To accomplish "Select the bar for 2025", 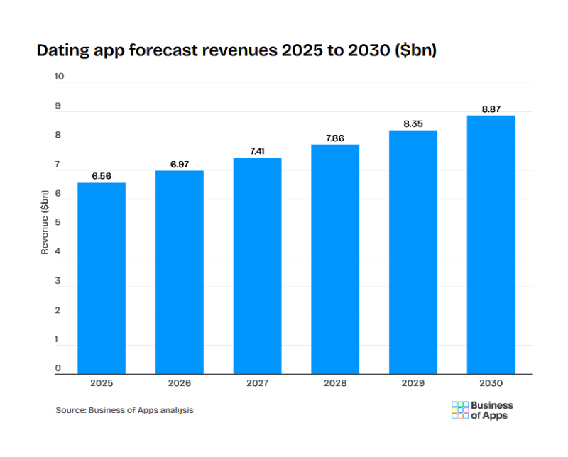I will (x=102, y=278).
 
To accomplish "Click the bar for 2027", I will (x=257, y=266).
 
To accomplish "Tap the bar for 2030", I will (x=491, y=245).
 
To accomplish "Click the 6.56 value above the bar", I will (x=102, y=176).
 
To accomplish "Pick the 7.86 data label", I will (x=335, y=138).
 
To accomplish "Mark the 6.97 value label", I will (x=180, y=164).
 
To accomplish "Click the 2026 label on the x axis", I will (x=180, y=383).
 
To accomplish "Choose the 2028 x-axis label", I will (x=335, y=383).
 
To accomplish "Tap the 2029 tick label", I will (x=413, y=383).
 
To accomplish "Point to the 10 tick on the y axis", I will (x=60, y=77).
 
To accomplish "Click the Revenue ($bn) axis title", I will (x=44, y=222).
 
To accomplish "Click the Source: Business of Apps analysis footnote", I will (x=124, y=410).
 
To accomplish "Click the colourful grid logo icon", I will (x=459, y=410).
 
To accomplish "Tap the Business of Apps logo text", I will (x=492, y=410).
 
